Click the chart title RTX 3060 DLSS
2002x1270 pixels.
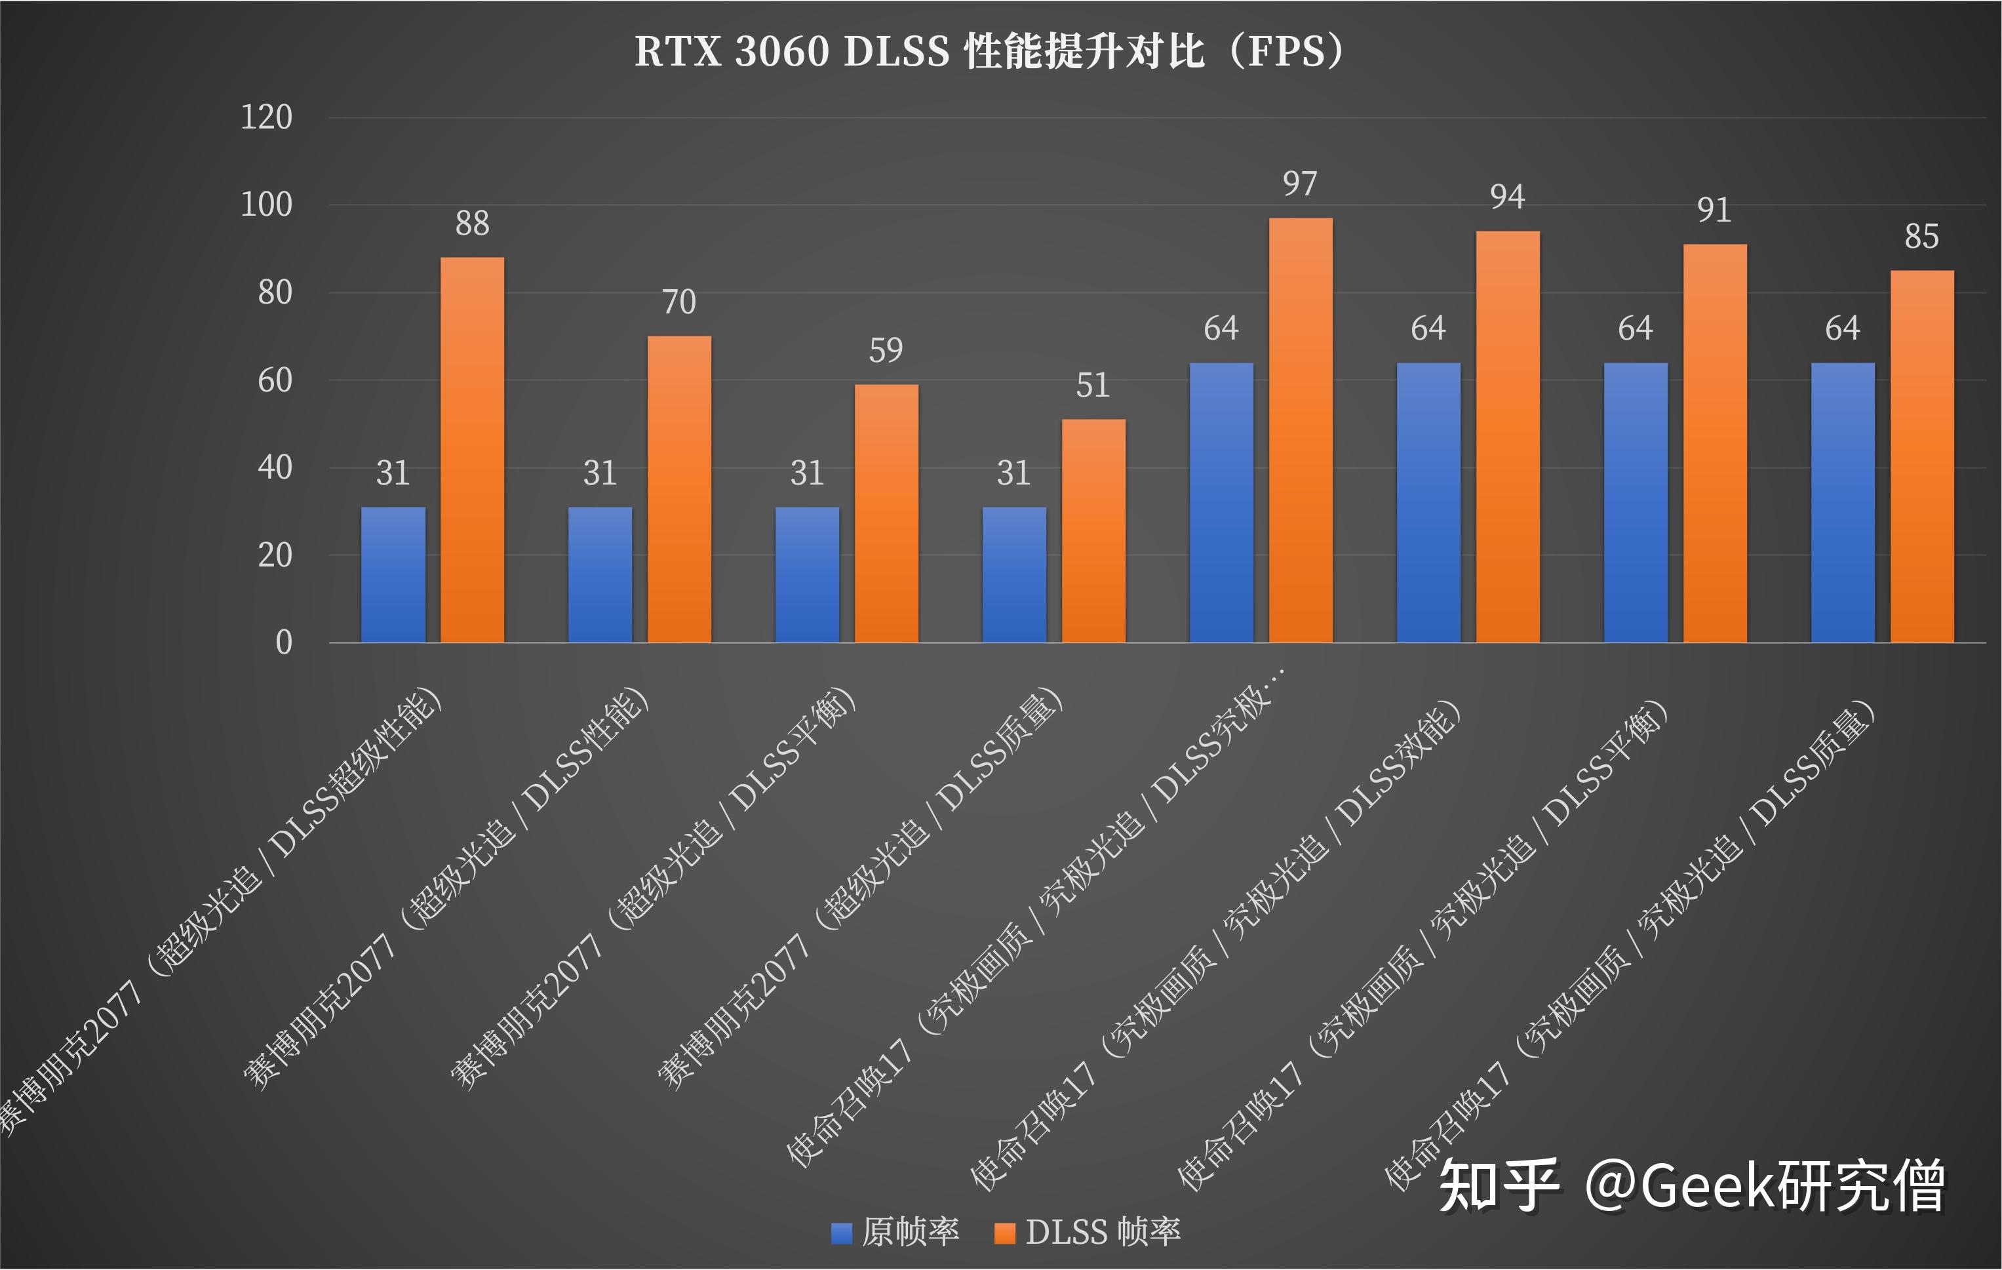989,52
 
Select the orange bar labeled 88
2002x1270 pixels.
472,449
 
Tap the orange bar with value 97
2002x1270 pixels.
1301,429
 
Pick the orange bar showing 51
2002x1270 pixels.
1093,530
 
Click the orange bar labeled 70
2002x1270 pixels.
679,488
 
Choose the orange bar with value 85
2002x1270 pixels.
1922,456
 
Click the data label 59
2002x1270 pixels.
886,350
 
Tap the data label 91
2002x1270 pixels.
1714,210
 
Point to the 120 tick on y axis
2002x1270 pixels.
266,117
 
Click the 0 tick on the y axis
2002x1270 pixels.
283,642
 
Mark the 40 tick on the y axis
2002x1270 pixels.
275,467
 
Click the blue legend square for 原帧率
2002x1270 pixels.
841,1233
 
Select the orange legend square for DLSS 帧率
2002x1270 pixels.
1005,1233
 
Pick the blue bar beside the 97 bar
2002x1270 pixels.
1221,502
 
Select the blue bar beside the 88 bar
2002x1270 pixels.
393,574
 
